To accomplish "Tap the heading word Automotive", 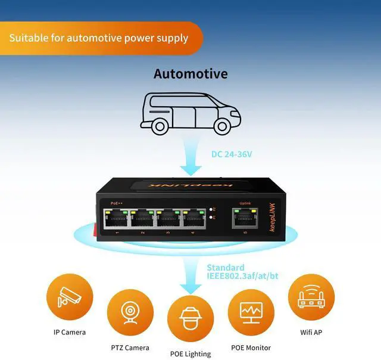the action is [x=190, y=74].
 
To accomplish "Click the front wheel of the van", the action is [x=221, y=126].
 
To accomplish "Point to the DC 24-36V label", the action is [x=232, y=154].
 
